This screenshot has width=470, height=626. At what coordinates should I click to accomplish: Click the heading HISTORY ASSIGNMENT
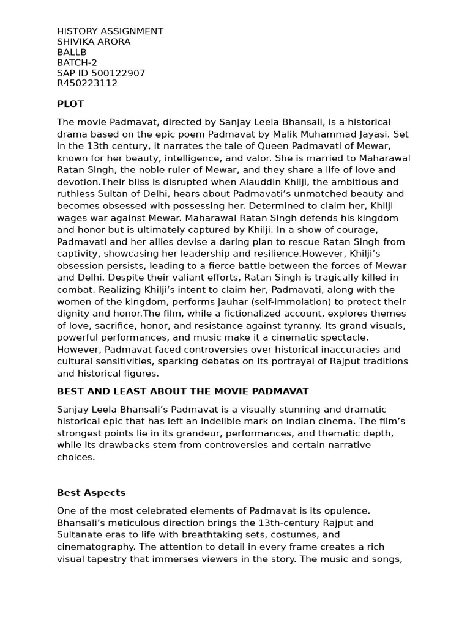[x=110, y=31]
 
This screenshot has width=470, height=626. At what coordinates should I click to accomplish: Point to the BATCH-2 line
[x=76, y=62]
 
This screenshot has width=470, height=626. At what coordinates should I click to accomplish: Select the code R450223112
[x=87, y=83]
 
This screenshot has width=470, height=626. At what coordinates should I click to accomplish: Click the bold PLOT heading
[x=70, y=104]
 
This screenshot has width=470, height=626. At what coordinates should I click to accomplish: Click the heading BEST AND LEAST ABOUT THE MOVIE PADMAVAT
[x=182, y=391]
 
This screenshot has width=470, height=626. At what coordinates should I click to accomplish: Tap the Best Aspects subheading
[x=91, y=492]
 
